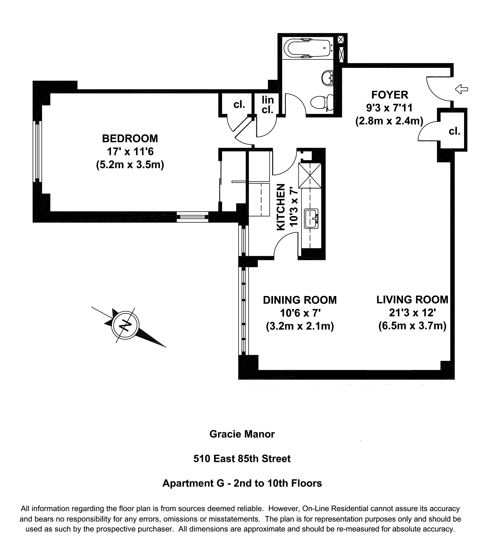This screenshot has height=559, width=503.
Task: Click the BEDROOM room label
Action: tap(130, 138)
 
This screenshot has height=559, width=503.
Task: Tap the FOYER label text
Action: tap(389, 95)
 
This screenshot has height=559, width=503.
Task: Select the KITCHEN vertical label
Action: tap(281, 207)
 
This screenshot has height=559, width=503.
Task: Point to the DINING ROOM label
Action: tap(300, 300)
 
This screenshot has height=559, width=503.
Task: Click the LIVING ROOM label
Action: tap(412, 300)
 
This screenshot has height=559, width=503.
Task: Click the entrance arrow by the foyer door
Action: tap(462, 89)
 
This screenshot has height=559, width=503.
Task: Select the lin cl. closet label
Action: tap(268, 105)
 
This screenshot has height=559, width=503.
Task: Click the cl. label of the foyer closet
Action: tap(454, 131)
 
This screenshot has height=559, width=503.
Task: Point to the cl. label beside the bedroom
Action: tap(239, 105)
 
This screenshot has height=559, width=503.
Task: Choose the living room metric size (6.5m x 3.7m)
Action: tap(412, 326)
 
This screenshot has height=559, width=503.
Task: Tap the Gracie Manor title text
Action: tap(242, 434)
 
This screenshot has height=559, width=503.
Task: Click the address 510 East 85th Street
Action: tap(242, 459)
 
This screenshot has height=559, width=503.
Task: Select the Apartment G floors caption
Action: tap(242, 483)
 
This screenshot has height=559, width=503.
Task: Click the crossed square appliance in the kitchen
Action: tap(310, 176)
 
